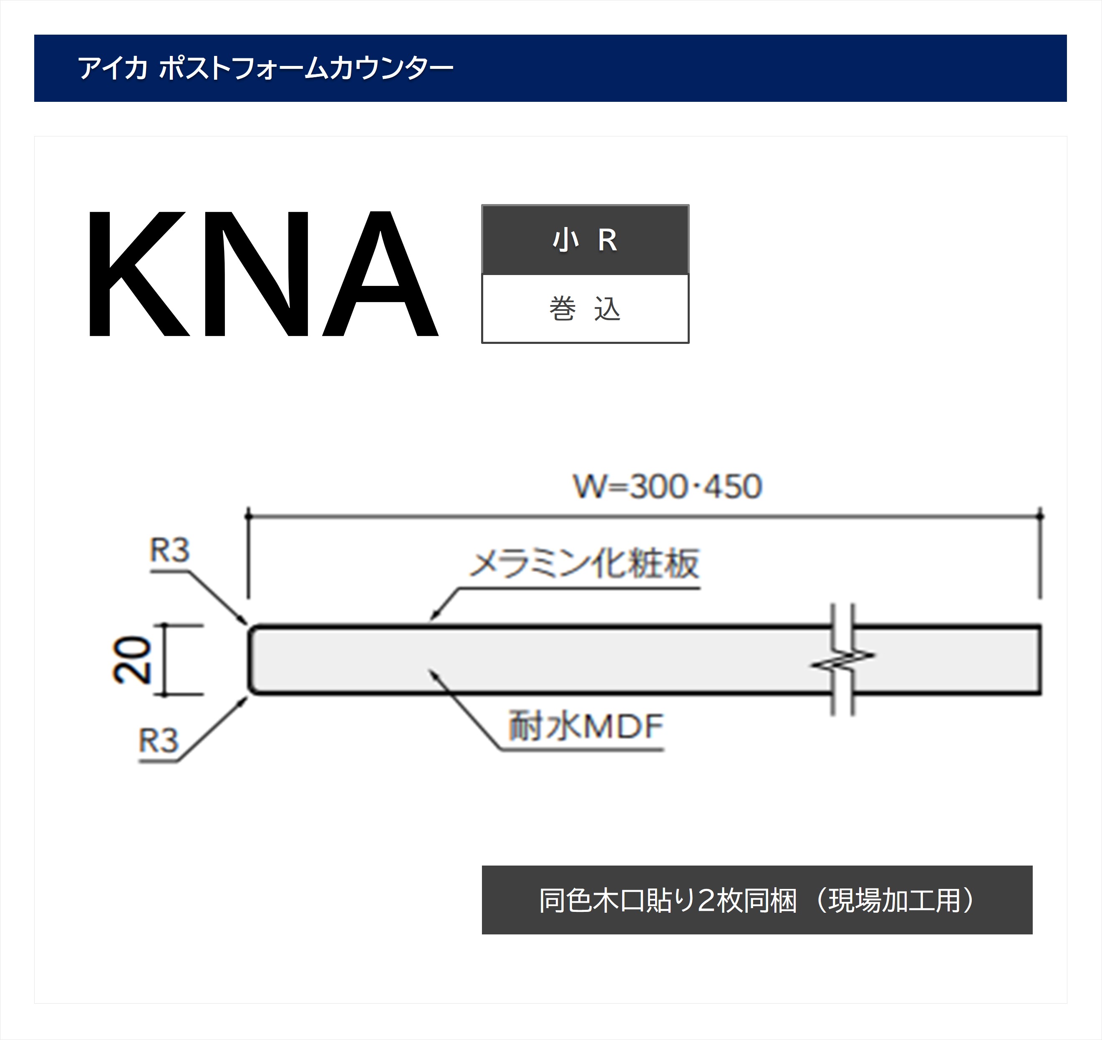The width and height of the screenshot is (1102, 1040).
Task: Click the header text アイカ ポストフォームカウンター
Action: click(x=265, y=68)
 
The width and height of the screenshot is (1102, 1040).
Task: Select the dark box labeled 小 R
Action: click(x=585, y=240)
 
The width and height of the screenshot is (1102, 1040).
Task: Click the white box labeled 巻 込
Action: click(x=585, y=309)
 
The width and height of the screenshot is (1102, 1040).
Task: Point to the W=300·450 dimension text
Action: click(x=667, y=487)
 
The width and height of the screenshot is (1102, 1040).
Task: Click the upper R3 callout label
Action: click(x=170, y=550)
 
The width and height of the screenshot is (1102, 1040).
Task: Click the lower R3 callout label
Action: click(x=159, y=741)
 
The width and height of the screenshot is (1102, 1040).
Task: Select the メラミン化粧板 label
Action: click(x=584, y=564)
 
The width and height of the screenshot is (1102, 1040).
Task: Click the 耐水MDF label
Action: click(x=586, y=726)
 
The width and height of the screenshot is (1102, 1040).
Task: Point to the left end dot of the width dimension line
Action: click(x=248, y=516)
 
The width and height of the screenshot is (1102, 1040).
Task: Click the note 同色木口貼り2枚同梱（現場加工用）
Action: click(x=757, y=900)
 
